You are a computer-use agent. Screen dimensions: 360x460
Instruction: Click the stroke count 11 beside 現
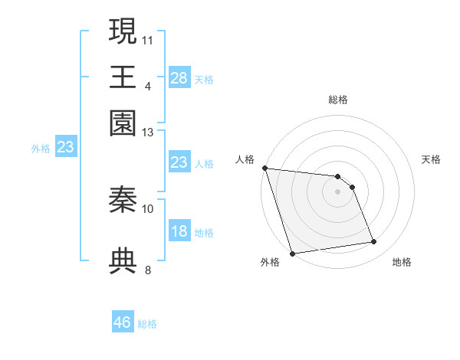coord(148,39)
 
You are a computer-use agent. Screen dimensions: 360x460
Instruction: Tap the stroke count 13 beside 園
coord(148,132)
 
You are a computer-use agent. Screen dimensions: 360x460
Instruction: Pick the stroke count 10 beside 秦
coord(148,208)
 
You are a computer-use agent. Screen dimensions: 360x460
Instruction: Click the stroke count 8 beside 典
coord(148,270)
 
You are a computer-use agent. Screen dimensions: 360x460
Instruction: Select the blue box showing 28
coord(179,78)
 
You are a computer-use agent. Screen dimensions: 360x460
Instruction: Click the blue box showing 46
coord(123,322)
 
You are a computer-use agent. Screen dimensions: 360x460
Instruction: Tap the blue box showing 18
coord(179,231)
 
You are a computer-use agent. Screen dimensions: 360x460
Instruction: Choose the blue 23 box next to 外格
coord(65,147)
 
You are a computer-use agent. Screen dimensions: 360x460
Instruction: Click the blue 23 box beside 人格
coord(179,162)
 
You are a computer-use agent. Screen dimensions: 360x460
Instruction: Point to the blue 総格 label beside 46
coord(148,324)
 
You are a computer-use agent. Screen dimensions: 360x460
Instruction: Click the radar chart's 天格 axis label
coord(432,159)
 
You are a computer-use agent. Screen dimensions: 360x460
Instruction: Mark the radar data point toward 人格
coord(264,168)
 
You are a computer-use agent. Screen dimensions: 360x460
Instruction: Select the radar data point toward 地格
coord(374,242)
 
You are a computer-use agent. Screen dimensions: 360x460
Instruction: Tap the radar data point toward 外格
coord(292,253)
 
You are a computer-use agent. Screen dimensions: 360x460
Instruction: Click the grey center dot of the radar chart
coord(338,191)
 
